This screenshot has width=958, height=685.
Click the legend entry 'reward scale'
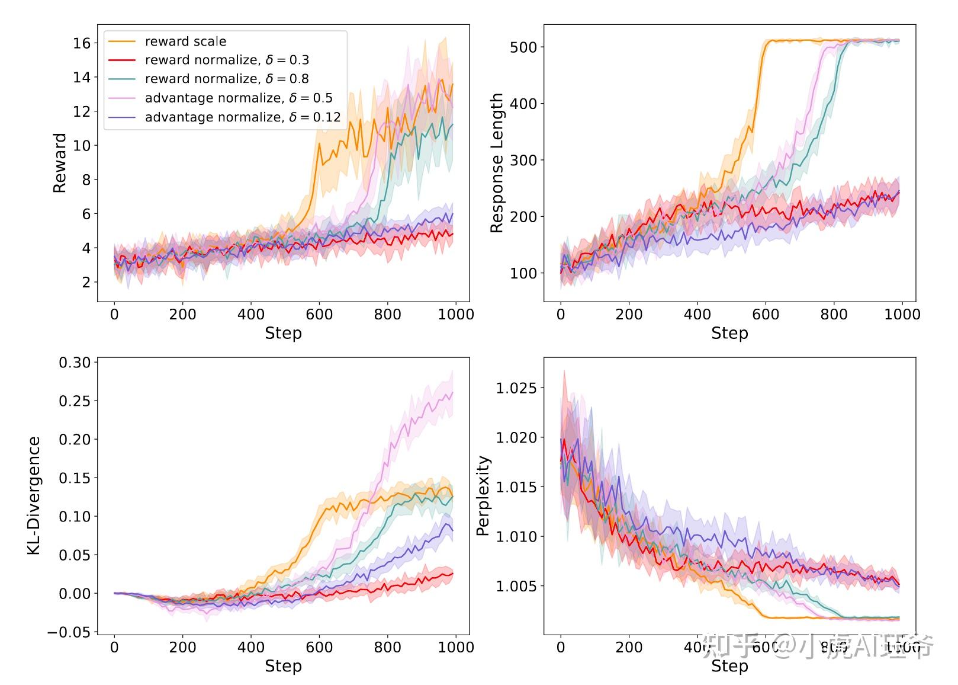(x=185, y=41)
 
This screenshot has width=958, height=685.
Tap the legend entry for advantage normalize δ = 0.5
(x=239, y=98)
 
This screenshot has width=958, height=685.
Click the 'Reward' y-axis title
(x=60, y=163)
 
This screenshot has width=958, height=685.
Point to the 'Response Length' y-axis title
(x=497, y=163)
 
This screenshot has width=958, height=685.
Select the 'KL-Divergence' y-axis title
(x=34, y=495)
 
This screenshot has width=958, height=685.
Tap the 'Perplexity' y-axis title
(x=484, y=495)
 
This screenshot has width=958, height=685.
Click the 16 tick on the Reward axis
(x=82, y=43)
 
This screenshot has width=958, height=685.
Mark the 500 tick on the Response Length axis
(x=523, y=47)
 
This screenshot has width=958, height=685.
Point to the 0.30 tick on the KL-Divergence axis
(x=75, y=363)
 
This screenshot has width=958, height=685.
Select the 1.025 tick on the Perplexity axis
(x=516, y=388)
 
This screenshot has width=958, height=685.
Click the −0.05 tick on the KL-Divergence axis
(x=70, y=632)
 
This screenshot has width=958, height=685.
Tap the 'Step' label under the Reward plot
(x=283, y=333)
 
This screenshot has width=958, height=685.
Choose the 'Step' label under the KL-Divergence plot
(x=283, y=666)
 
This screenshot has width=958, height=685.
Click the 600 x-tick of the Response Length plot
(x=765, y=314)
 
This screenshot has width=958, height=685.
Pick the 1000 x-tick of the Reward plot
(x=456, y=314)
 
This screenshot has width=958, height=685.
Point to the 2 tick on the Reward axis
(x=86, y=283)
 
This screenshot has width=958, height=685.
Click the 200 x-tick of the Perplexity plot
(x=629, y=647)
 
